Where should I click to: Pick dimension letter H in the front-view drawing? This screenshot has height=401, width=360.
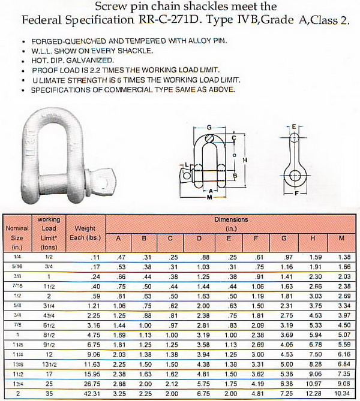pos(245,159)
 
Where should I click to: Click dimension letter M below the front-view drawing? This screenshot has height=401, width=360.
pos(209,196)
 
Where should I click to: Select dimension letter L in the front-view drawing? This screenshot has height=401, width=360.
pos(187,165)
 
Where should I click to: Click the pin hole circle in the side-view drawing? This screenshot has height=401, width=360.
pos(295,174)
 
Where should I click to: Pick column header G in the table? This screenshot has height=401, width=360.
pos(283,239)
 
